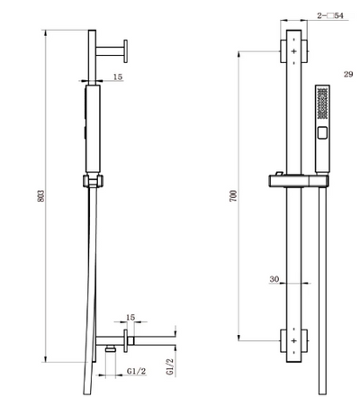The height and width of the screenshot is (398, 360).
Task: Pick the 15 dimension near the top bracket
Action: tap(117, 77)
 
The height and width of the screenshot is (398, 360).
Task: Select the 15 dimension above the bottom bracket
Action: tap(130, 317)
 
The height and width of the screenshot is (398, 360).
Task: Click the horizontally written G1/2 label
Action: tap(136, 369)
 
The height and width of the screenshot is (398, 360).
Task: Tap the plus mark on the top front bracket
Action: tap(293, 51)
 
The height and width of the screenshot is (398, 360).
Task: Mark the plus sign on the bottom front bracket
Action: tap(293, 341)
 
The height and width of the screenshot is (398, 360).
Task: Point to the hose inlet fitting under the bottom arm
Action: tap(108, 348)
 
